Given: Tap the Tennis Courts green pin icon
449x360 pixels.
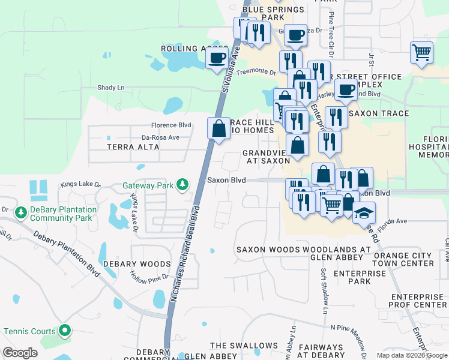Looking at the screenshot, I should pos(65,331).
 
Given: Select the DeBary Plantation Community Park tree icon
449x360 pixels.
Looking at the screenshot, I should pos(21,213).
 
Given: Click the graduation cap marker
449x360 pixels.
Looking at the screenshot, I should pos(364,213).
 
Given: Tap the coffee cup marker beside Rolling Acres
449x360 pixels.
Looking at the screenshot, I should pos(217,58).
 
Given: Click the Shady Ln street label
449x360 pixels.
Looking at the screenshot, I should pos(111,88).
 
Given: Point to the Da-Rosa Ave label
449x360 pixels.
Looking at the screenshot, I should pos(161,137).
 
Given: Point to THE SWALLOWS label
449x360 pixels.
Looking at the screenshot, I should pos(244,346).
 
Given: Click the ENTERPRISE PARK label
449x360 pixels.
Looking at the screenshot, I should pos(360,277).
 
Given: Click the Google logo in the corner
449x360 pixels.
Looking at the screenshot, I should pos(20,353).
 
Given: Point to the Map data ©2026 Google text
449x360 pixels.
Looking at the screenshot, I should pos(412,355).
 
